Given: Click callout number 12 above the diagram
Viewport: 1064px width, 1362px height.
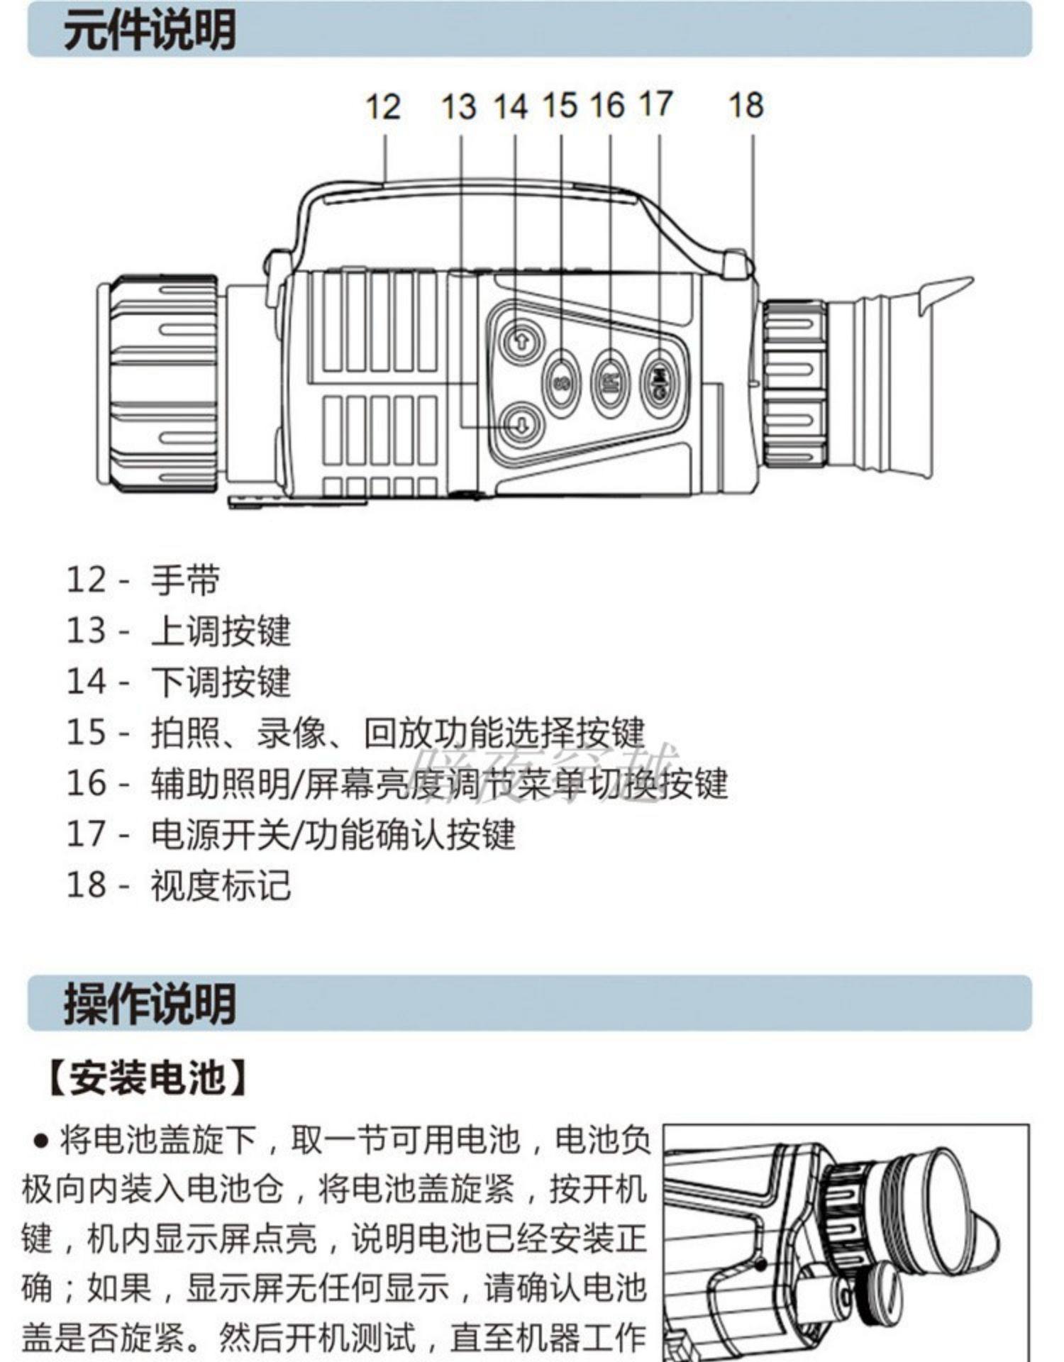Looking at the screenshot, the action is pyautogui.click(x=383, y=107).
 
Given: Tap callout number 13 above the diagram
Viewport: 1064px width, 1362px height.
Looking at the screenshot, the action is pyautogui.click(x=458, y=107).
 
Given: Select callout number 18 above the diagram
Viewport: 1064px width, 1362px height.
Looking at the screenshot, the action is pyautogui.click(x=746, y=106).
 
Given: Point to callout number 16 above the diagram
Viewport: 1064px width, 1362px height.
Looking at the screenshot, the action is pyautogui.click(x=606, y=106).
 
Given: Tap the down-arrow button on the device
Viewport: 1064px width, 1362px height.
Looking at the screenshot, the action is pyautogui.click(x=521, y=423).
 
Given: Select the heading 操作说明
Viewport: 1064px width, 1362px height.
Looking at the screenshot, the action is pyautogui.click(x=150, y=1003).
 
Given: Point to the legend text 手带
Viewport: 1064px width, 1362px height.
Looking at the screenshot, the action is pyautogui.click(x=185, y=580).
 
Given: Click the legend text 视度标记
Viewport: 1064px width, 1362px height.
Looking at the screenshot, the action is pyautogui.click(x=221, y=885).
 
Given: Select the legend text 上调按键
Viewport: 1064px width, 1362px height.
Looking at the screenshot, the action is pyautogui.click(x=221, y=631).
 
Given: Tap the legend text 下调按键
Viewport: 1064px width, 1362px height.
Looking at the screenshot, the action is pyautogui.click(x=221, y=682).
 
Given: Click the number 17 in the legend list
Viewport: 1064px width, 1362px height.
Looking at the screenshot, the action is pyautogui.click(x=86, y=834).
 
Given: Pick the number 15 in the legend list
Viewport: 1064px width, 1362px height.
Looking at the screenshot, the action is pyautogui.click(x=86, y=732).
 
